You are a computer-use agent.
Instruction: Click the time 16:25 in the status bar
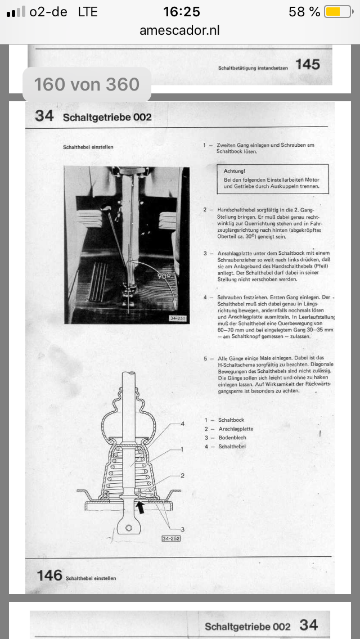181,12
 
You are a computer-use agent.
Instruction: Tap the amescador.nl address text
180,30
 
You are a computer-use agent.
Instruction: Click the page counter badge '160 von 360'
87,84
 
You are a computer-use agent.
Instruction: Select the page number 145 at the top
308,65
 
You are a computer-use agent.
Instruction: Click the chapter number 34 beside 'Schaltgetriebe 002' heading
44,116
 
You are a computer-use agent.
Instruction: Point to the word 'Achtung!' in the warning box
235,170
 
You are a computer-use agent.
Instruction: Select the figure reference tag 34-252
170,538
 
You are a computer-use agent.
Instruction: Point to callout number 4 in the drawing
182,423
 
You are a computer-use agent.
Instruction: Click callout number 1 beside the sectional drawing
182,449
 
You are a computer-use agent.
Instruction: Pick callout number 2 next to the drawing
182,475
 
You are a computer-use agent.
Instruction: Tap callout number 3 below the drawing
182,529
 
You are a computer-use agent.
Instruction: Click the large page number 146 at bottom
49,575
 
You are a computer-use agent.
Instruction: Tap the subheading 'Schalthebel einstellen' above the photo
88,147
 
